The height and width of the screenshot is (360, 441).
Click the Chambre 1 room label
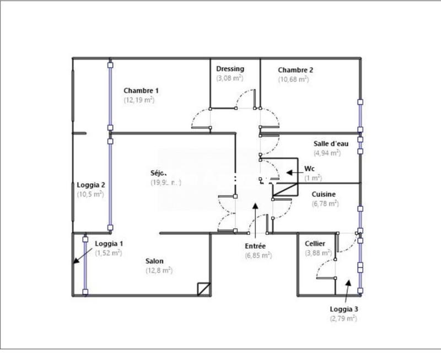pyautogui.click(x=141, y=90)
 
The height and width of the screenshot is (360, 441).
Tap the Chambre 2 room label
pyautogui.click(x=295, y=70)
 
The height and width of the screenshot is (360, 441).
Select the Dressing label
pyautogui.click(x=230, y=68)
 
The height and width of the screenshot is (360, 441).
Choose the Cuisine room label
pyautogui.click(x=324, y=194)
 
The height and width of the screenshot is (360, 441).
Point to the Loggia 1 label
pyautogui.click(x=109, y=244)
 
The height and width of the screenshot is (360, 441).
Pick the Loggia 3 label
pyautogui.click(x=343, y=309)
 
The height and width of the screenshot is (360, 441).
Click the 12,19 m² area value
pyautogui.click(x=139, y=100)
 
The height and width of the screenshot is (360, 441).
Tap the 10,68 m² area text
pyautogui.click(x=296, y=79)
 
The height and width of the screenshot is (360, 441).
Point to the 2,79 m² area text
pyautogui.click(x=343, y=319)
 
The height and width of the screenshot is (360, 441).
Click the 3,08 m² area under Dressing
pyautogui.click(x=230, y=78)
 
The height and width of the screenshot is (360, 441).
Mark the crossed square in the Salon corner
pyautogui.click(x=203, y=288)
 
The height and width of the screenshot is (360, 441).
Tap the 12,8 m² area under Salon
pyautogui.click(x=159, y=271)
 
